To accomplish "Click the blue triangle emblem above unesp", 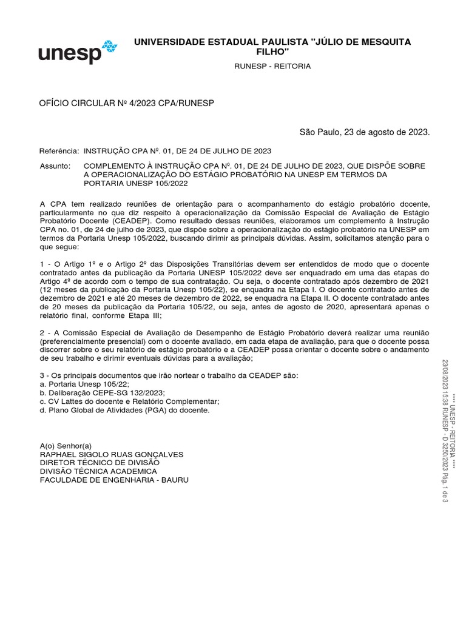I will (x=109, y=46).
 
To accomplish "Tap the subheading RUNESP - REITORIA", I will (x=272, y=66).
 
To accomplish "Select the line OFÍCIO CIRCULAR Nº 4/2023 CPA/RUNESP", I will (x=127, y=104).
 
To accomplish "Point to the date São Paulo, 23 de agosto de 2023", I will (x=365, y=132).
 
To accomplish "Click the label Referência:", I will (x=59, y=150).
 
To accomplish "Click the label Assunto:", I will (x=55, y=166).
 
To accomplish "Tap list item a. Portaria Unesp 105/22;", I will (x=84, y=384).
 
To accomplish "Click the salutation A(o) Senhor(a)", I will (x=66, y=446).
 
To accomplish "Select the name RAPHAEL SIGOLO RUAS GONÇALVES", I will (x=111, y=454).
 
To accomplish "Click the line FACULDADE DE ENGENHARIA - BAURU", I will (x=114, y=480).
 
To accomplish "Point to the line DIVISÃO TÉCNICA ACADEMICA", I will (x=98, y=471).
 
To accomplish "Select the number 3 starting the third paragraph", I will (x=42, y=376).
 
